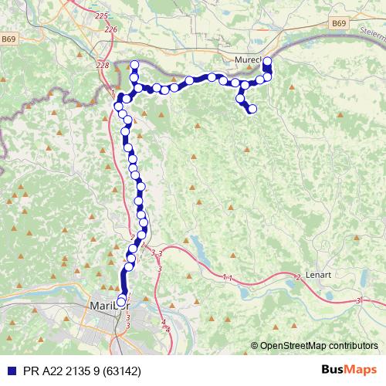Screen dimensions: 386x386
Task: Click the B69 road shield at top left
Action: pos(8,39)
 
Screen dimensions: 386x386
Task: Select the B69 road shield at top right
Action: pos(339,24)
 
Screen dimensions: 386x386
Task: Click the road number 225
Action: pos(100,15)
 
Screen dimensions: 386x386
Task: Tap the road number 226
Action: pos(110,29)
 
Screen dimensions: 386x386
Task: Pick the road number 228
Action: pos(103,66)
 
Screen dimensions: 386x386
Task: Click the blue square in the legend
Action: pos(8,371)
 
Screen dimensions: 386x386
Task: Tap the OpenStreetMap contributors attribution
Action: pos(319,346)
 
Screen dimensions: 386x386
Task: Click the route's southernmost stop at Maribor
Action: pos(120,301)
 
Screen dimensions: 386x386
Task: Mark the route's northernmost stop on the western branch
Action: pos(134,65)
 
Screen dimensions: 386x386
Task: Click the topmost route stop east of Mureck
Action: pos(268,61)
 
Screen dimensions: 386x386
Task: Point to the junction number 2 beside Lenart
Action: pos(298,276)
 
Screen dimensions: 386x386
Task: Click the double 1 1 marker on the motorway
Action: pos(226,276)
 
